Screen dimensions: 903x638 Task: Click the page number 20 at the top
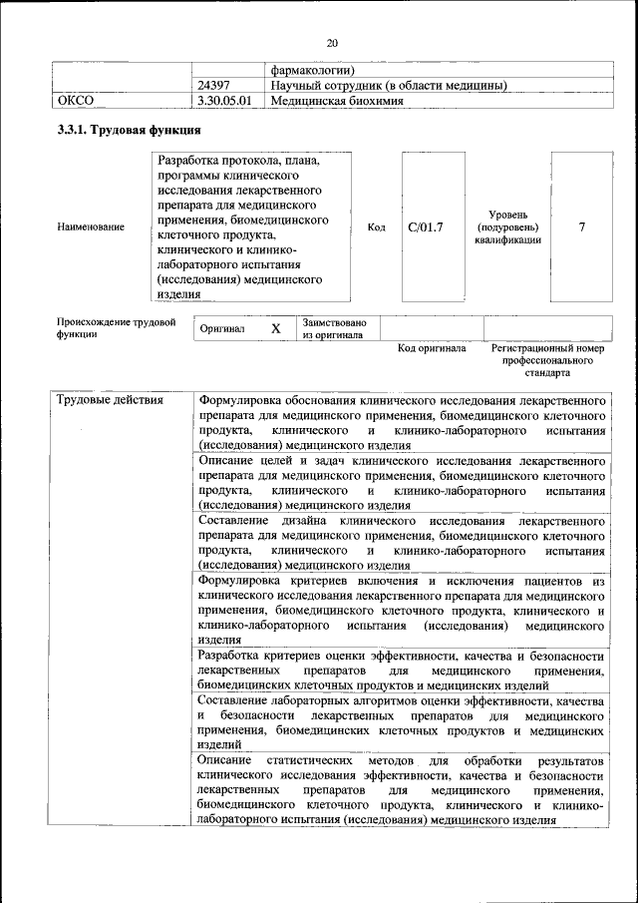[332, 42]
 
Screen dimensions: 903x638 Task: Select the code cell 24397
[214, 86]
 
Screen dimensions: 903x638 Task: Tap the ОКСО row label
[75, 101]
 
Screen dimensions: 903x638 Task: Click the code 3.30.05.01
[225, 101]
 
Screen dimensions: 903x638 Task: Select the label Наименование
[91, 227]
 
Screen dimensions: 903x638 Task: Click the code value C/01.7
[427, 227]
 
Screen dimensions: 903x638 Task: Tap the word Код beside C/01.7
[377, 227]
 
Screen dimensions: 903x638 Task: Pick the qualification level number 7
[582, 227]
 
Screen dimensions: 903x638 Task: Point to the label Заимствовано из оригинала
[335, 329]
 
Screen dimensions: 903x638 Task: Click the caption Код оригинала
[432, 348]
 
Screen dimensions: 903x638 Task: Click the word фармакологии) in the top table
[313, 71]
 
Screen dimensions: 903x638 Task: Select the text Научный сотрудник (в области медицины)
[389, 86]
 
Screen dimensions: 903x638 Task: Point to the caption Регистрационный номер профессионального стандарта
[548, 360]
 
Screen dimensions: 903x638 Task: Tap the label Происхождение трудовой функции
[116, 328]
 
